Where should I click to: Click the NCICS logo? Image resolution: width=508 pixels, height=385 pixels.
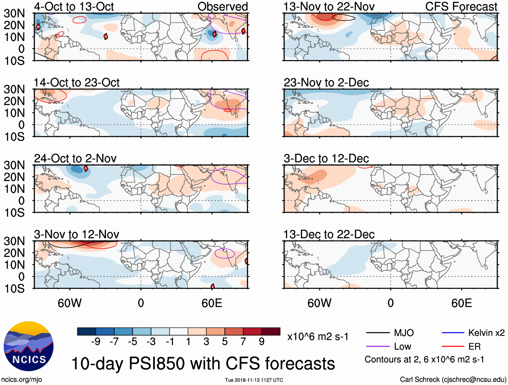coord(28,346)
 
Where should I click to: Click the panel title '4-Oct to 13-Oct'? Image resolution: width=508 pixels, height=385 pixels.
coord(74,6)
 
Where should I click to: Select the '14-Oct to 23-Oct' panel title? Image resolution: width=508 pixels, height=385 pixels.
coord(76,83)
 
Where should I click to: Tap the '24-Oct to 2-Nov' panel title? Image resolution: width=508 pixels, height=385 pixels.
coord(75,158)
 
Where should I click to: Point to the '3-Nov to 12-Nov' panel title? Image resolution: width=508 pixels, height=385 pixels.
coord(76,234)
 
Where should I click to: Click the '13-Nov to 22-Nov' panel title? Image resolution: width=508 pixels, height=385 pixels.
coord(329,6)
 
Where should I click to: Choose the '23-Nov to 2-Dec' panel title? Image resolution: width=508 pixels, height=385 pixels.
coord(326,83)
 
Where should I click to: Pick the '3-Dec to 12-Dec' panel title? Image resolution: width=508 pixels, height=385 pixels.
coord(326,158)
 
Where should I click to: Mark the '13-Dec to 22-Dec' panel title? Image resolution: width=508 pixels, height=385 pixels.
coord(329,234)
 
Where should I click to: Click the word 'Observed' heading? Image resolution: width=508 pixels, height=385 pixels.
coord(222,6)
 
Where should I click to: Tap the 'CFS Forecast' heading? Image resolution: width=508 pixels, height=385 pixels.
coord(461,6)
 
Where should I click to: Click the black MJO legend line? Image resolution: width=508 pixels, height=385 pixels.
coord(377,333)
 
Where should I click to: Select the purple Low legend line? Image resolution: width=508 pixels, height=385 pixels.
coord(377,347)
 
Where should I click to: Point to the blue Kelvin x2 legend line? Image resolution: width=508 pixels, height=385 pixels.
coord(453,333)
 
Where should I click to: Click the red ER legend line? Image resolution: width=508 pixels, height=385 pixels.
coord(453,347)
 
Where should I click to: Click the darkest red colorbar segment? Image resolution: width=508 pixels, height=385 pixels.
coord(271,331)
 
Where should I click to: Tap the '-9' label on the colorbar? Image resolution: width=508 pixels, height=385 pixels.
coord(96,342)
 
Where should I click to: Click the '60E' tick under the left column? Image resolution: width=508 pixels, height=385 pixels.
coord(212,303)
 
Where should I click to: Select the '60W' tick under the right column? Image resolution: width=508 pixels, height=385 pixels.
coord(319,303)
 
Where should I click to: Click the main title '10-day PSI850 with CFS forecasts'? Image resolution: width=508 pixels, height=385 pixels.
coord(203,364)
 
